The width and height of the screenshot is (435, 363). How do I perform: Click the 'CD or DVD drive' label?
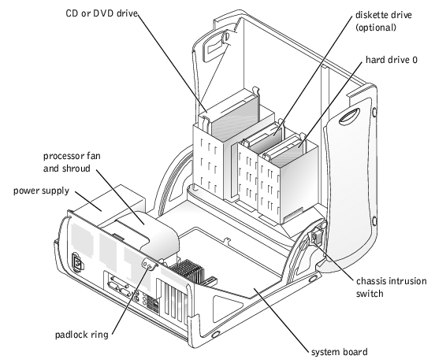pos(102,13)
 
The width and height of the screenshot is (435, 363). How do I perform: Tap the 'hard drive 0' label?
pos(392,60)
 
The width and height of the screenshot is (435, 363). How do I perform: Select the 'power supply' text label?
pos(41,191)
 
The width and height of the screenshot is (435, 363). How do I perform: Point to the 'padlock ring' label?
pos(82,335)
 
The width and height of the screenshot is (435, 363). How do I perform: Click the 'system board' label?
pos(339,352)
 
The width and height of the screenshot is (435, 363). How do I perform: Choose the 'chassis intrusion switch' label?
pos(391,287)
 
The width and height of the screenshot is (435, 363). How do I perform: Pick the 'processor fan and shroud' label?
pos(72,162)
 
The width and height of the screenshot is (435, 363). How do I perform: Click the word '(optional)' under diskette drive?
pos(376,28)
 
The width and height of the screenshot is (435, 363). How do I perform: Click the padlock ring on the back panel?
pos(149,264)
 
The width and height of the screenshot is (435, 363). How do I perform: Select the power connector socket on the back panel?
pos(77,261)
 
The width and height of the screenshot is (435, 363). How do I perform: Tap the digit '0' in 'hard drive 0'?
pos(415,60)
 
